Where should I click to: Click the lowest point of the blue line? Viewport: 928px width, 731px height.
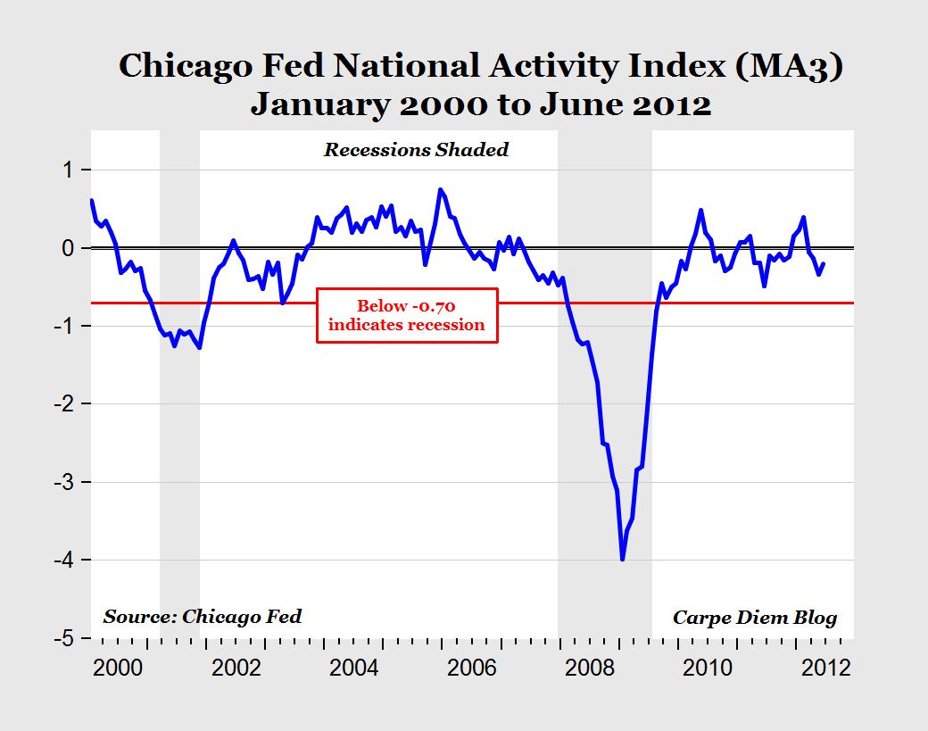click(622, 560)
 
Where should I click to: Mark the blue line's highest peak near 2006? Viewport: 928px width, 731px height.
click(440, 189)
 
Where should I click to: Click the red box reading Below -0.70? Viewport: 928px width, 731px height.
click(406, 314)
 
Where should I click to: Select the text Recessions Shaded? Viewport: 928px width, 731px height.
click(416, 149)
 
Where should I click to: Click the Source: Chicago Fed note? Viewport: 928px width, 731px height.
click(203, 616)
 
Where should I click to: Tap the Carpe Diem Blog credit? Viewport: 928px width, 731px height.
click(754, 618)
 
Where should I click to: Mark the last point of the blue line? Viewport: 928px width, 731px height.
click(824, 263)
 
